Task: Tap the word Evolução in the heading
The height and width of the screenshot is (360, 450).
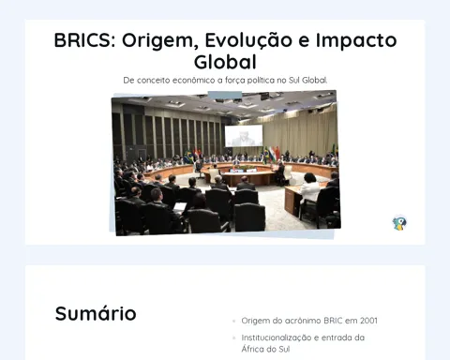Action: click(248, 40)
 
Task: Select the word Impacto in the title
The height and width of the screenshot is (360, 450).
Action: click(356, 41)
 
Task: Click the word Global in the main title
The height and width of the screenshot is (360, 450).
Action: click(225, 62)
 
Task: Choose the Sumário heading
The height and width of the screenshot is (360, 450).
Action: click(96, 313)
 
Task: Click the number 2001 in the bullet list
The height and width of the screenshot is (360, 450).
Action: click(368, 321)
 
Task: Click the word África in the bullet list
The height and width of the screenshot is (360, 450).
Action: click(252, 349)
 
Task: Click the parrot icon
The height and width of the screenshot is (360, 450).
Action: click(399, 223)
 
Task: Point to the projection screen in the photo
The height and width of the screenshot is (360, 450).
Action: click(244, 136)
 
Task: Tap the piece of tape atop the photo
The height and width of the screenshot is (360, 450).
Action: click(225, 96)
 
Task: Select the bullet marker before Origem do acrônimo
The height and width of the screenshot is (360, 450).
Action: click(233, 321)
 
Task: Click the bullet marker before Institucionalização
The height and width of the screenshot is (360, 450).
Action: click(233, 337)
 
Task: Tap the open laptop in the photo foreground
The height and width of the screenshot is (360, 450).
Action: click(180, 207)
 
